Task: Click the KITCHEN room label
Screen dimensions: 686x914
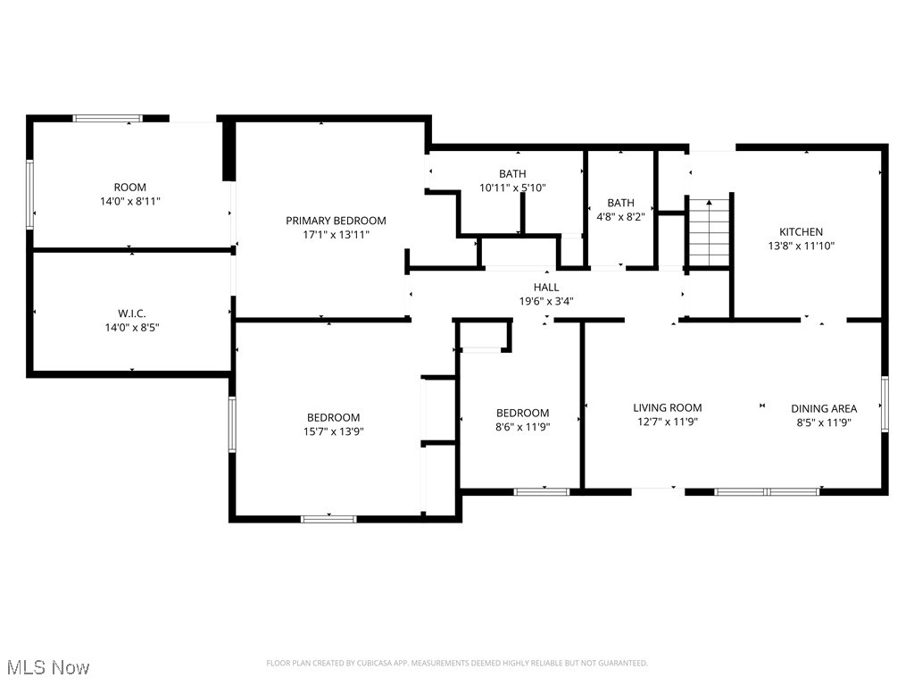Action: (801, 231)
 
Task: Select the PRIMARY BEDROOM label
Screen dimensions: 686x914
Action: (336, 221)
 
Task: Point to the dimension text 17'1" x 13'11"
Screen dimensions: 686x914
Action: (336, 235)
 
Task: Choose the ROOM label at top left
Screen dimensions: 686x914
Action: (129, 188)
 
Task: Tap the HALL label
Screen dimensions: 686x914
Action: (546, 287)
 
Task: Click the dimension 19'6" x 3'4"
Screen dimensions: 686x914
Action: (546, 301)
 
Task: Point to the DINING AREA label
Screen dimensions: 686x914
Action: (824, 408)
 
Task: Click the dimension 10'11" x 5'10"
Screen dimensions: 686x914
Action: (512, 188)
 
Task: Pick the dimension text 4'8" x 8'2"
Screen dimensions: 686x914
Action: (620, 217)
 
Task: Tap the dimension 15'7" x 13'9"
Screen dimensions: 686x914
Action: (334, 431)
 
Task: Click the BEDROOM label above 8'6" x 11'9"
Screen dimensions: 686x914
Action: (522, 413)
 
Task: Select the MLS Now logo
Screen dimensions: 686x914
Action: (47, 667)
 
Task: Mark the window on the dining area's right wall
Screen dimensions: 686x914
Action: (885, 404)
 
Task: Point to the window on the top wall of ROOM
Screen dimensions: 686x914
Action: (107, 118)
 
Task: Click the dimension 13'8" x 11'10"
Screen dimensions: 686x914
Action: (801, 246)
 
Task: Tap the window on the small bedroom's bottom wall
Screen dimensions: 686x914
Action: (542, 491)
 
